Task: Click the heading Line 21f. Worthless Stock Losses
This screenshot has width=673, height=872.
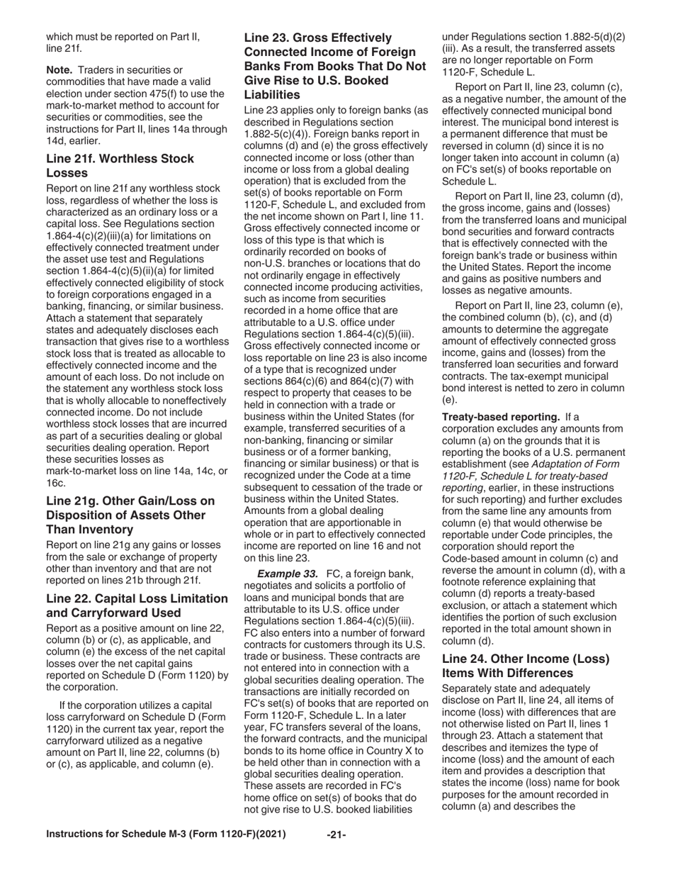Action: pyautogui.click(x=120, y=166)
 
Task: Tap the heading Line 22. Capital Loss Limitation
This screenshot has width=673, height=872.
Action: pyautogui.click(x=137, y=605)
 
